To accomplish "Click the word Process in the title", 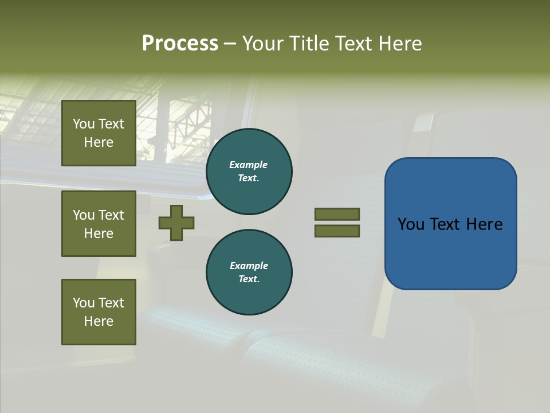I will [x=180, y=44].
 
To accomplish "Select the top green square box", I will [x=99, y=133].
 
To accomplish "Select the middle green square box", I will [x=99, y=224].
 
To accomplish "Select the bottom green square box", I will [x=99, y=312].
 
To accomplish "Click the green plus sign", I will [x=176, y=223].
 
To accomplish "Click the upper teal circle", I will [x=249, y=172].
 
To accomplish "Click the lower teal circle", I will [x=249, y=272].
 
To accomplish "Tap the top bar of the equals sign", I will [x=337, y=214].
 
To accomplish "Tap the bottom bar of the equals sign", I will [x=337, y=231].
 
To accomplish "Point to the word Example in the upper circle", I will [x=249, y=165].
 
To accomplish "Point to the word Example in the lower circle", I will [x=249, y=266].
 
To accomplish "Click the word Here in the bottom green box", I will [x=99, y=321].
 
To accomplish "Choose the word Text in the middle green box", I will [x=111, y=215].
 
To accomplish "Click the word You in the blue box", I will [x=411, y=224].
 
